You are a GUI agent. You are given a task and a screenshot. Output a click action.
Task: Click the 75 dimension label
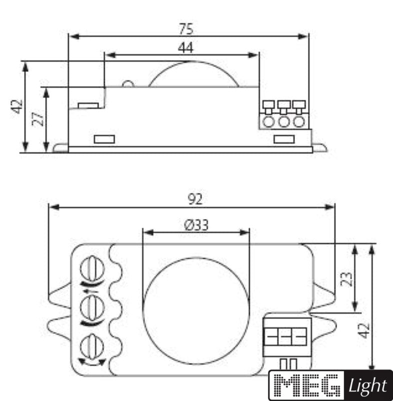[186, 29]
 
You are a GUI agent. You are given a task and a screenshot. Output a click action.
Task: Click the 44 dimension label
[186, 48]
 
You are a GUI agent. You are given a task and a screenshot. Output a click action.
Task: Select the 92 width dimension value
[195, 199]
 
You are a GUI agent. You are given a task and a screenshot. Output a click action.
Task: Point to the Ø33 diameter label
[196, 225]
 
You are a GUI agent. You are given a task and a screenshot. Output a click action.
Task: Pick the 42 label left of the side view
[17, 106]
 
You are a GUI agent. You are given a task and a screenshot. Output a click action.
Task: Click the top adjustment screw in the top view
[93, 269]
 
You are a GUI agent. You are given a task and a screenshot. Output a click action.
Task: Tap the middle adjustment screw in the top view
[93, 308]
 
